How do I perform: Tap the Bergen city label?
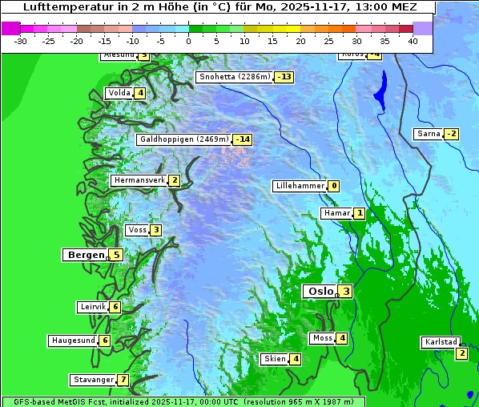point(86,255)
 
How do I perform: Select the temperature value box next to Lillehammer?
point(333,186)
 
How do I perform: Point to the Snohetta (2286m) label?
point(235,77)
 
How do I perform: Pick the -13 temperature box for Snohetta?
point(284,77)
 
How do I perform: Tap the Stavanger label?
point(92,380)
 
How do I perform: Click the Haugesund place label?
point(73,341)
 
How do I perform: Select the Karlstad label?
point(441,342)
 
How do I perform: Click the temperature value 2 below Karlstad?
point(461,353)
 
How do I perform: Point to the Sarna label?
point(429,134)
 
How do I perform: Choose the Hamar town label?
point(336,214)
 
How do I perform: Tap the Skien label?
point(275,359)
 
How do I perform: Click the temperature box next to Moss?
point(342,338)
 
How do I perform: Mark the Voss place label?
point(137,230)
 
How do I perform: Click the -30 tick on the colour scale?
point(21,40)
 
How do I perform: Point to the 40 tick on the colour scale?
point(412,40)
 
